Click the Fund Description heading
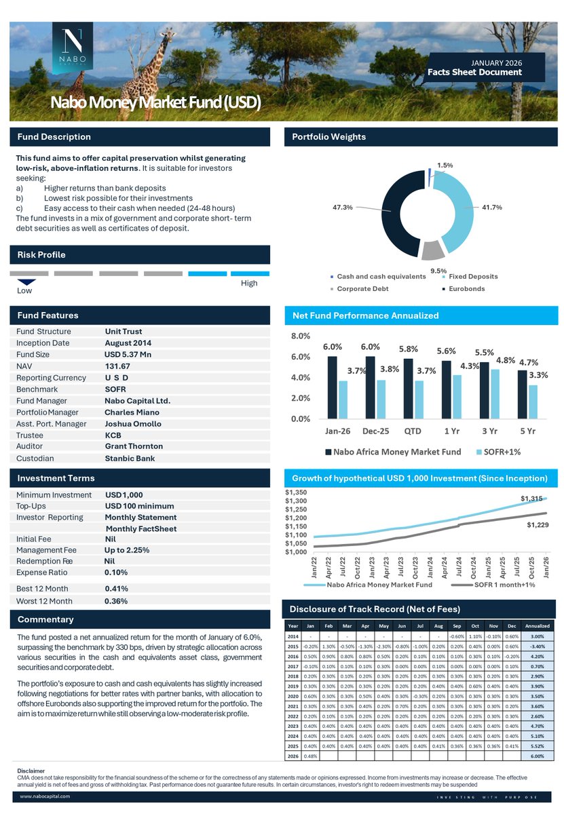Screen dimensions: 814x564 [54, 137]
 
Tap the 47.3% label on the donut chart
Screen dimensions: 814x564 [342, 208]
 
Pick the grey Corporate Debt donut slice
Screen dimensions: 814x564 [432, 251]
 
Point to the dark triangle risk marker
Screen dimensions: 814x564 [26, 282]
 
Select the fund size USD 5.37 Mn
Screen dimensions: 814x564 [128, 355]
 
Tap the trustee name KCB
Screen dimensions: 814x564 [113, 435]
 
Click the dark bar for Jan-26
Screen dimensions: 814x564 [332, 387]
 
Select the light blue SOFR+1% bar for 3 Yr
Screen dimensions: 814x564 [495, 393]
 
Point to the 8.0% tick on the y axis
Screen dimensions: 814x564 [301, 336]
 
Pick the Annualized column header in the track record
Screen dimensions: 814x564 [538, 625]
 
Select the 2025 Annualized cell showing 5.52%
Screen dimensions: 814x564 [538, 745]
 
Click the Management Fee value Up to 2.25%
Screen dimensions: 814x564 [128, 550]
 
